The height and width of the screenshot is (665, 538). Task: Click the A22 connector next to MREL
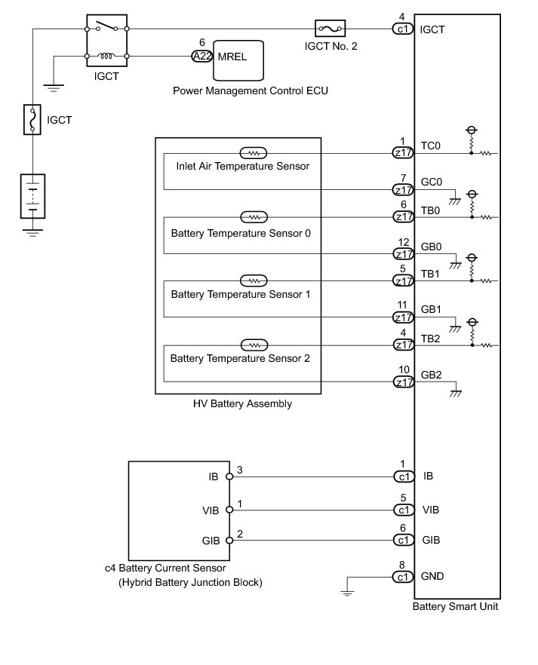point(201,56)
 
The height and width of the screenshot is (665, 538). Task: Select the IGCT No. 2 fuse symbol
point(330,29)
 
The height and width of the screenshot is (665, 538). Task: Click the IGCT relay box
point(107,41)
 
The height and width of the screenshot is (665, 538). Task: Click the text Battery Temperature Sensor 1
point(241,294)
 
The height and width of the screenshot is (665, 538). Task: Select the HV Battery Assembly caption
point(243,404)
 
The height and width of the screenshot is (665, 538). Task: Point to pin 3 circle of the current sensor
point(228,477)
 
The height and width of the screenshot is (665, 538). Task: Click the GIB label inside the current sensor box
point(211,541)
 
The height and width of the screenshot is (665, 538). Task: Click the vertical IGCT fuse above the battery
point(32,120)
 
